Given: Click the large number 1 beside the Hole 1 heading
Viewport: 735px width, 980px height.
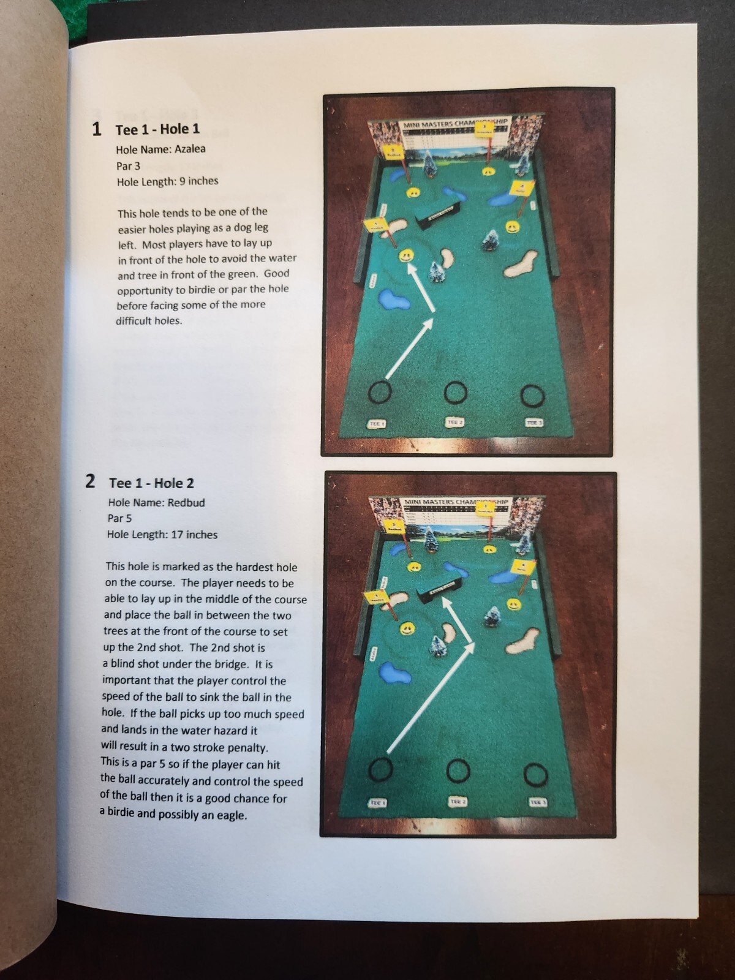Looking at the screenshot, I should (x=96, y=129).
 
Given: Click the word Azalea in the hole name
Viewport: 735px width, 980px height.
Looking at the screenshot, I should (x=190, y=149).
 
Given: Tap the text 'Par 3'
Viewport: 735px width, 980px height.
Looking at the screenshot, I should (x=128, y=166).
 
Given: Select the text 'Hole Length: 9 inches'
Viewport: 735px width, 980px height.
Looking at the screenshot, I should (x=167, y=181).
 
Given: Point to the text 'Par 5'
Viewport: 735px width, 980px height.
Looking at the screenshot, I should (x=119, y=518).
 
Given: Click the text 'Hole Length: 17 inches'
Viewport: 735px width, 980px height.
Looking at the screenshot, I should (x=162, y=535).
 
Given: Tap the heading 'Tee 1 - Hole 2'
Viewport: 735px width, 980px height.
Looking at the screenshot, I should (x=151, y=483).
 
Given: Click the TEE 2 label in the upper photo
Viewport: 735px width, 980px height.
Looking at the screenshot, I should (x=454, y=423).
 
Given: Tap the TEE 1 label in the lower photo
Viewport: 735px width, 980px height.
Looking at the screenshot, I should (x=377, y=802).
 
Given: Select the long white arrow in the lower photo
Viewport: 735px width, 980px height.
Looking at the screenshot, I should (x=431, y=698).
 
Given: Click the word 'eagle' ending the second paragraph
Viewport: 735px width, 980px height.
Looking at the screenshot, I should (x=231, y=815).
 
